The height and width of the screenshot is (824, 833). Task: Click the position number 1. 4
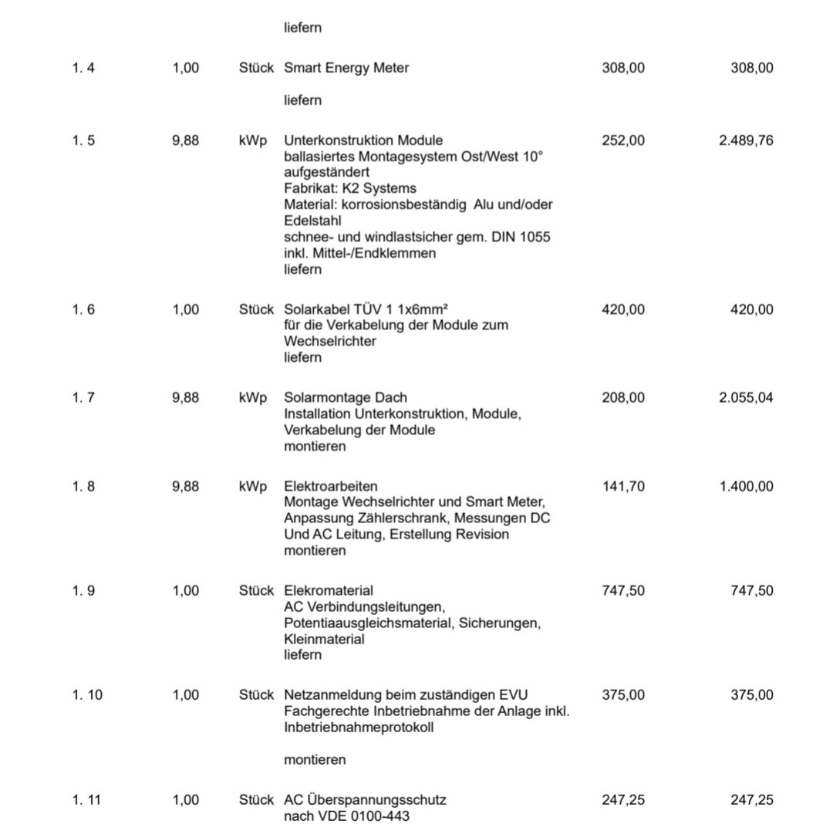pos(83,68)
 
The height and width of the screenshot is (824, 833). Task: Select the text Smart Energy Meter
pos(346,68)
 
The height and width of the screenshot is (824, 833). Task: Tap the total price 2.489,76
pos(745,140)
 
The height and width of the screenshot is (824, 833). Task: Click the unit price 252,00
pos(623,140)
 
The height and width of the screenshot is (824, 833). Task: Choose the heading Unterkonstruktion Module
pos(363,140)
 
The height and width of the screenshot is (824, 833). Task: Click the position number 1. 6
pos(83,309)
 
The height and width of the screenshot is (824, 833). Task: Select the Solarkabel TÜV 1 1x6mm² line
pos(366,309)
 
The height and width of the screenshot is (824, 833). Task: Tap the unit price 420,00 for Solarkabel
pos(623,309)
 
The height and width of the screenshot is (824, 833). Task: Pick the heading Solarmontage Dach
pos(346,397)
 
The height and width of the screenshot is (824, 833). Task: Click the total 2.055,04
pos(745,397)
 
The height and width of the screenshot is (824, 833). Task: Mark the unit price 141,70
pos(623,486)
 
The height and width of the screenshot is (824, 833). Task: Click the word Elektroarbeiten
pos(331,486)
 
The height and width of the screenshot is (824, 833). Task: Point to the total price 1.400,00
pos(745,486)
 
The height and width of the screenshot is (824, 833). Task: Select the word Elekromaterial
pos(329,590)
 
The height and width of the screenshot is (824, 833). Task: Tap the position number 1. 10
pos(87,694)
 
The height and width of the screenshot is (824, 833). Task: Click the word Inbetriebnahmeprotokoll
pos(359,727)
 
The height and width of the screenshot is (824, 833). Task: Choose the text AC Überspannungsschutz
pos(365,800)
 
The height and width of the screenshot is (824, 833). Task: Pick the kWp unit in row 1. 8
pos(253,486)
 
